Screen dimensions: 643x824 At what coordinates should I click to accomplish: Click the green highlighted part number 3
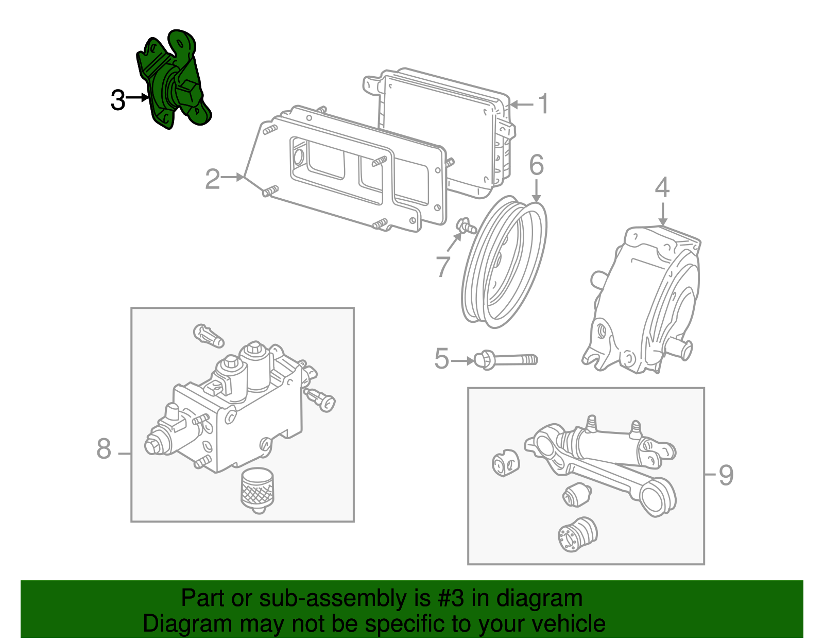point(175,82)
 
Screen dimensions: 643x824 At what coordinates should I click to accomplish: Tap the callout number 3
point(118,100)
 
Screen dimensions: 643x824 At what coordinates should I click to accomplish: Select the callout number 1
point(544,104)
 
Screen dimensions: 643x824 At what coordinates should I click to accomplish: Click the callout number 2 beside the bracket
point(212,179)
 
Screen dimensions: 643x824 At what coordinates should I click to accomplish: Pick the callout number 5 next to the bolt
point(441,359)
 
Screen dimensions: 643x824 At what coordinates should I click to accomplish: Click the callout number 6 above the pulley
point(537,165)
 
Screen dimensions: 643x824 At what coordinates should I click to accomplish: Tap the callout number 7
point(442,266)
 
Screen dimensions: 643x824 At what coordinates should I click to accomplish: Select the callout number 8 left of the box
point(104,449)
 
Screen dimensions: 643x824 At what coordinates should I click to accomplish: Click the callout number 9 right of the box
point(726,475)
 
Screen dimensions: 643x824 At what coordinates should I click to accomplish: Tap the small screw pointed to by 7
point(465,225)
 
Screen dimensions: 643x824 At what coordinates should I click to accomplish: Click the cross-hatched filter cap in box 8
point(257,488)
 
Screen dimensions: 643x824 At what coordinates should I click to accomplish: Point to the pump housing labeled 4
point(644,299)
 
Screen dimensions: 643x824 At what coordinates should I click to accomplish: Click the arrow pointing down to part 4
point(662,214)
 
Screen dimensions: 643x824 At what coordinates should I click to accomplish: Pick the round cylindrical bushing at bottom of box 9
point(577,534)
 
